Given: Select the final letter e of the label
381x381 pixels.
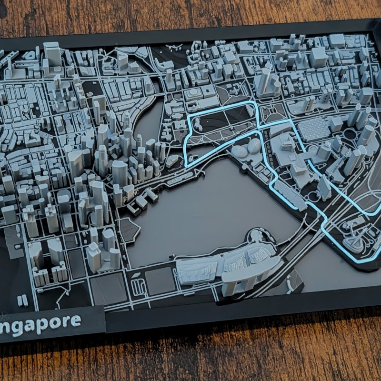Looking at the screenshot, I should tap(75, 321).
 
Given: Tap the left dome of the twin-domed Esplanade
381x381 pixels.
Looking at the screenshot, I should tap(240, 151).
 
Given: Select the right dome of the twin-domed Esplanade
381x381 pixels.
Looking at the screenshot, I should tap(254, 145).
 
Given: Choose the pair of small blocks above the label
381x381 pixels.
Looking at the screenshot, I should tap(22, 301).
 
